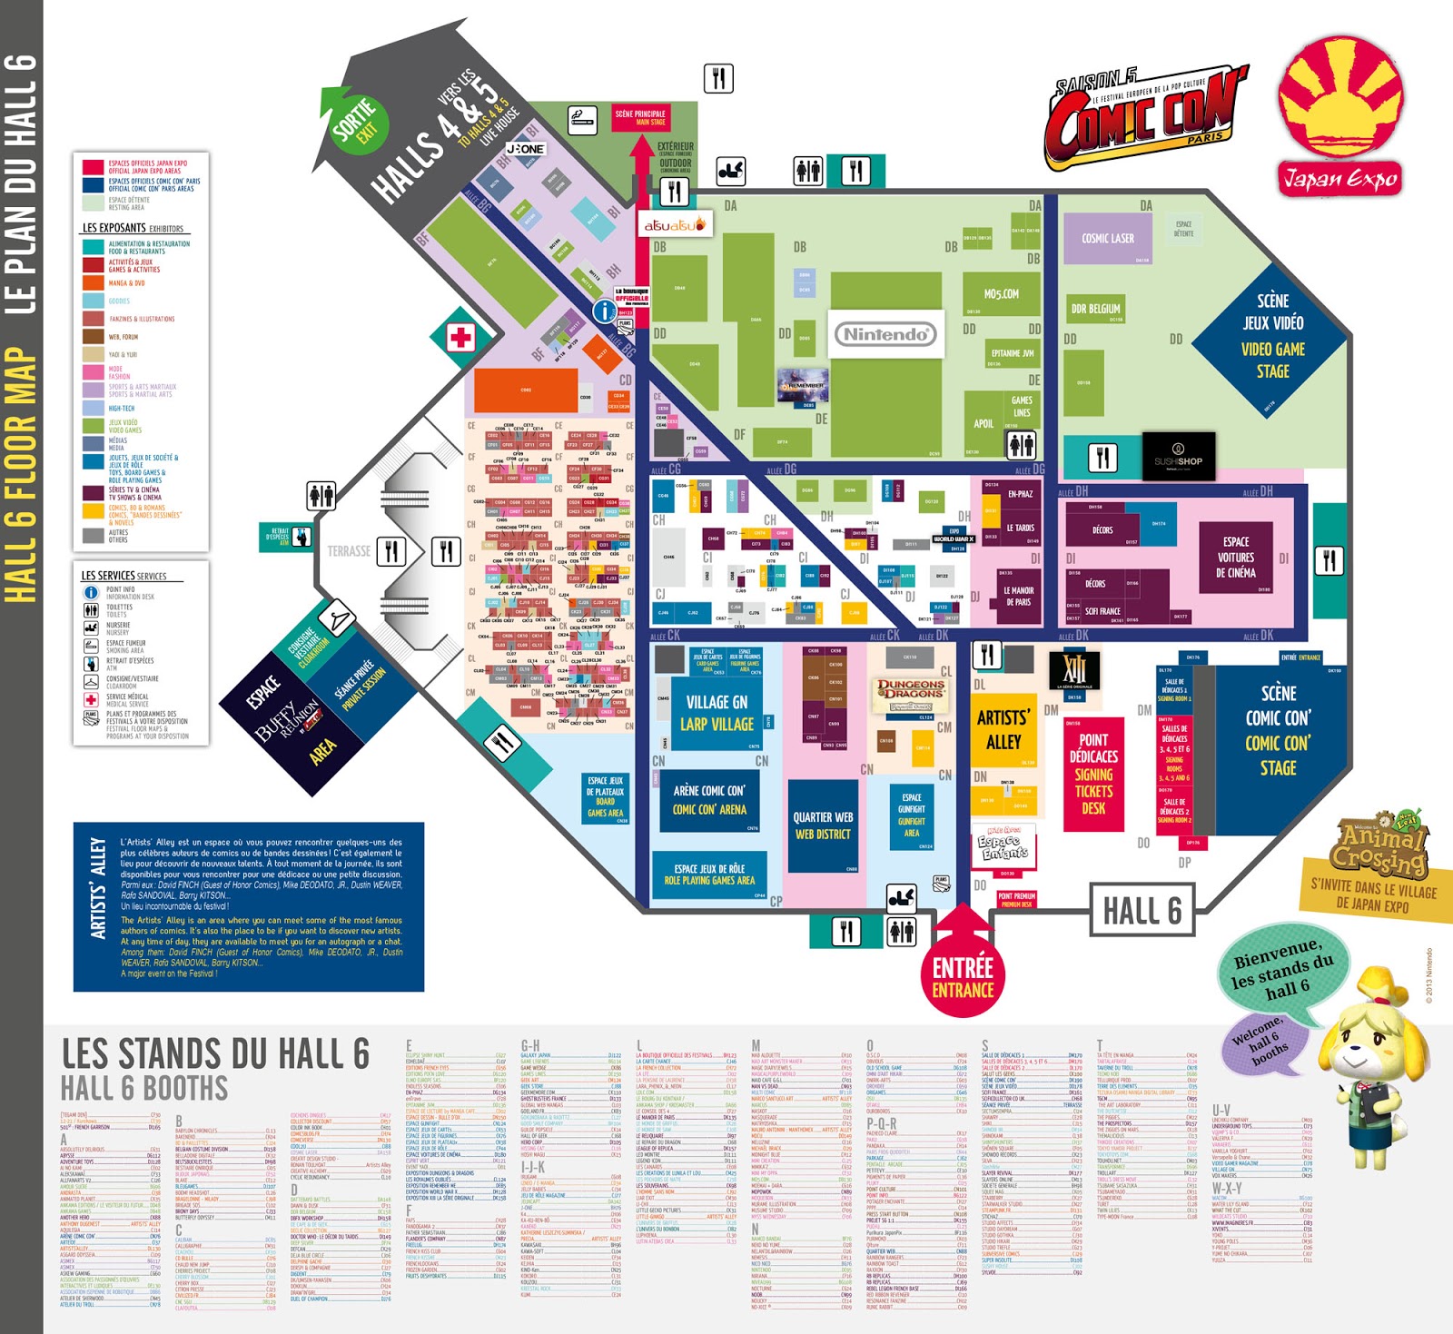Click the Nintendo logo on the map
[885, 334]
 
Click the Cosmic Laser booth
[1107, 238]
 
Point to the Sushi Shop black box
[1178, 456]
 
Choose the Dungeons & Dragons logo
[910, 694]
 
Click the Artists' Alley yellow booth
[1003, 729]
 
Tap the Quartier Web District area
[823, 825]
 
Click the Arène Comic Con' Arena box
[709, 800]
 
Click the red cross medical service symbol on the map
[460, 338]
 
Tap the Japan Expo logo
[1340, 116]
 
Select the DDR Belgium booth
[1095, 309]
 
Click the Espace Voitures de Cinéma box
[1235, 557]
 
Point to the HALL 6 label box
[1142, 910]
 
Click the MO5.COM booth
[1001, 294]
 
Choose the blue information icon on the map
[604, 311]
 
